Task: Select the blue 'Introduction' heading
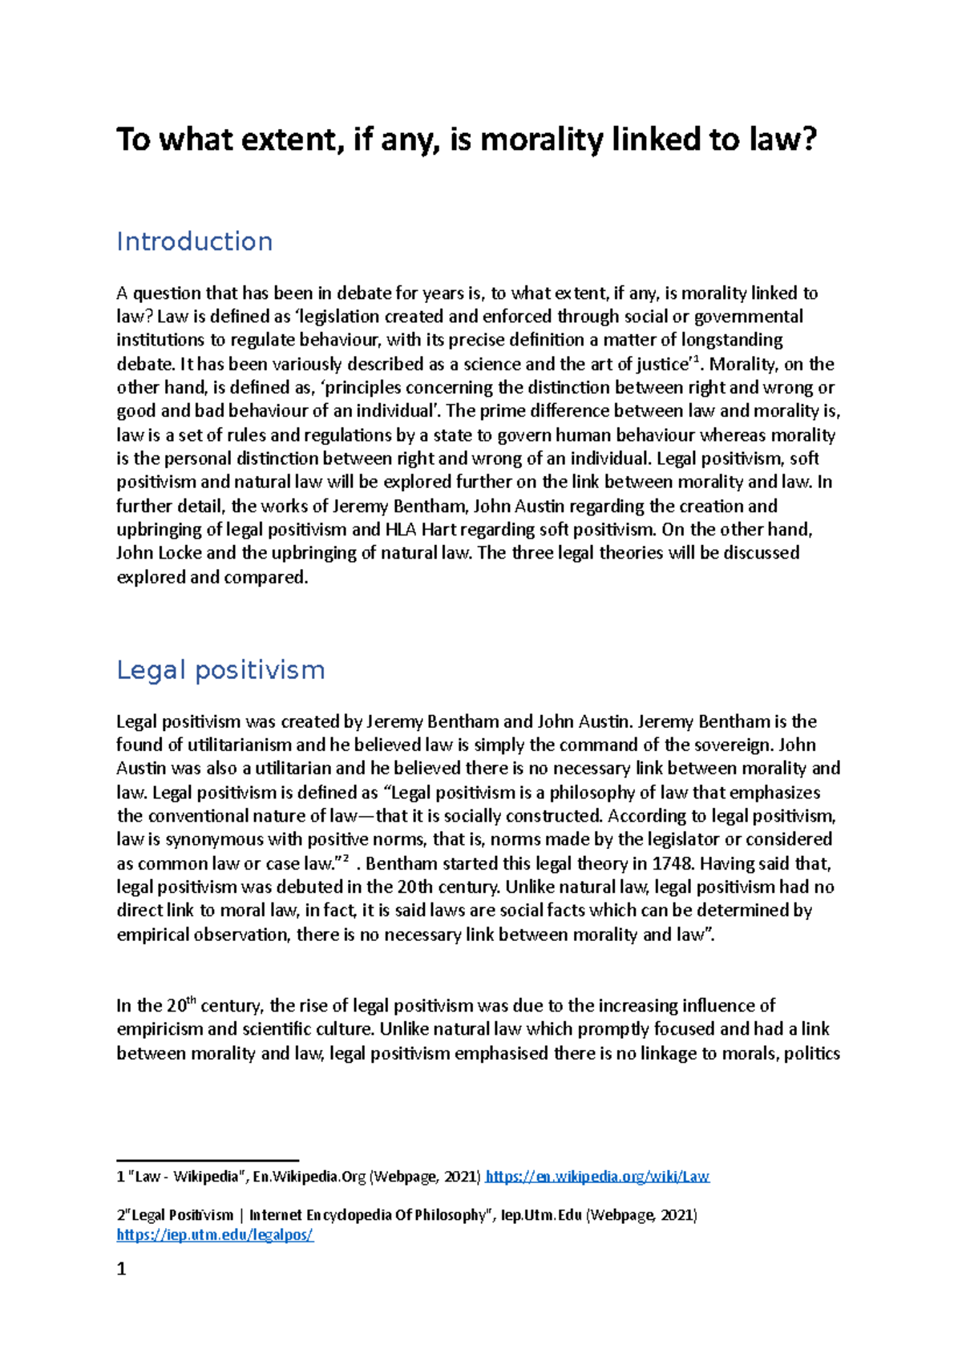(x=194, y=241)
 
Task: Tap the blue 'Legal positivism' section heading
(x=220, y=670)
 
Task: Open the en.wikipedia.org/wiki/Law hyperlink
(x=598, y=1177)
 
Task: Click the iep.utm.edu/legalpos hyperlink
(x=215, y=1235)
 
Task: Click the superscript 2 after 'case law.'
(x=346, y=858)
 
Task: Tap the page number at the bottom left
(x=122, y=1269)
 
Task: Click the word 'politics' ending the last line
(x=811, y=1053)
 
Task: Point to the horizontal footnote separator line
(x=208, y=1160)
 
